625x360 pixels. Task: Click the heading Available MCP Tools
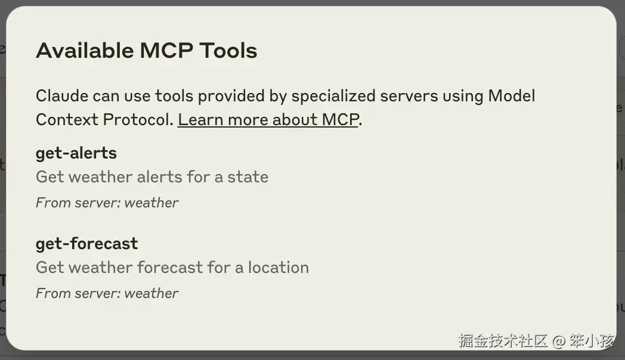[146, 51]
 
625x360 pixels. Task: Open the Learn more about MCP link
[268, 119]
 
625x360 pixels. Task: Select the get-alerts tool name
[76, 153]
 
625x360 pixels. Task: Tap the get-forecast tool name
[86, 244]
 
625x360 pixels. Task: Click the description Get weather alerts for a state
[152, 177]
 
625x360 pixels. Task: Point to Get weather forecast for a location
[172, 268]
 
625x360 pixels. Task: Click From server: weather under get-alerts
[107, 203]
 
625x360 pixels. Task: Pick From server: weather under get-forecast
[107, 293]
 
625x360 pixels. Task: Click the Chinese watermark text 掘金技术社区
[503, 341]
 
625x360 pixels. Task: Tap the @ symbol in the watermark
[558, 341]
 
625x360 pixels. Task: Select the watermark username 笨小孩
[590, 341]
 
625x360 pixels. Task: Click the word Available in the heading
[85, 51]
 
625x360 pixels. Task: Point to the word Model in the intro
[512, 95]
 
